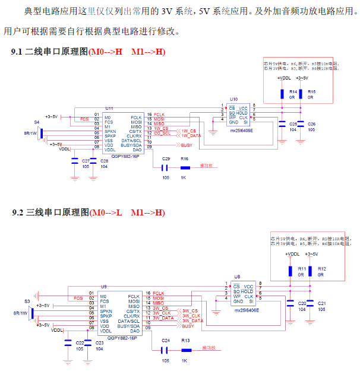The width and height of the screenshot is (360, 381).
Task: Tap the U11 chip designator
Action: point(109,108)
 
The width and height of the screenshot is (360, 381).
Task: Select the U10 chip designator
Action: point(234,100)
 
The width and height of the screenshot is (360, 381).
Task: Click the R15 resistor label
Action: point(311,92)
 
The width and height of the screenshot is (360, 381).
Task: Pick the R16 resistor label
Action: point(185,159)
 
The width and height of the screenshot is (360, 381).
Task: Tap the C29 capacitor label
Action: point(166,159)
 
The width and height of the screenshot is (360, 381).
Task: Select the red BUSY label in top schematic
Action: point(187,145)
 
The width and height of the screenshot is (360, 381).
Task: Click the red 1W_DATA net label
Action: point(192,136)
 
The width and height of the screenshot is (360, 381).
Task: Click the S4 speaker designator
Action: point(36,122)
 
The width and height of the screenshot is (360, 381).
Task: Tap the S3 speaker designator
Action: point(27,301)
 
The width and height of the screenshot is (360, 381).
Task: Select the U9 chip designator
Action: point(104,286)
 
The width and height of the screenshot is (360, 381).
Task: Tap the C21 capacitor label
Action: point(321,303)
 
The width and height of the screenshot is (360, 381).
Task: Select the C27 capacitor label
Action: point(86,161)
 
